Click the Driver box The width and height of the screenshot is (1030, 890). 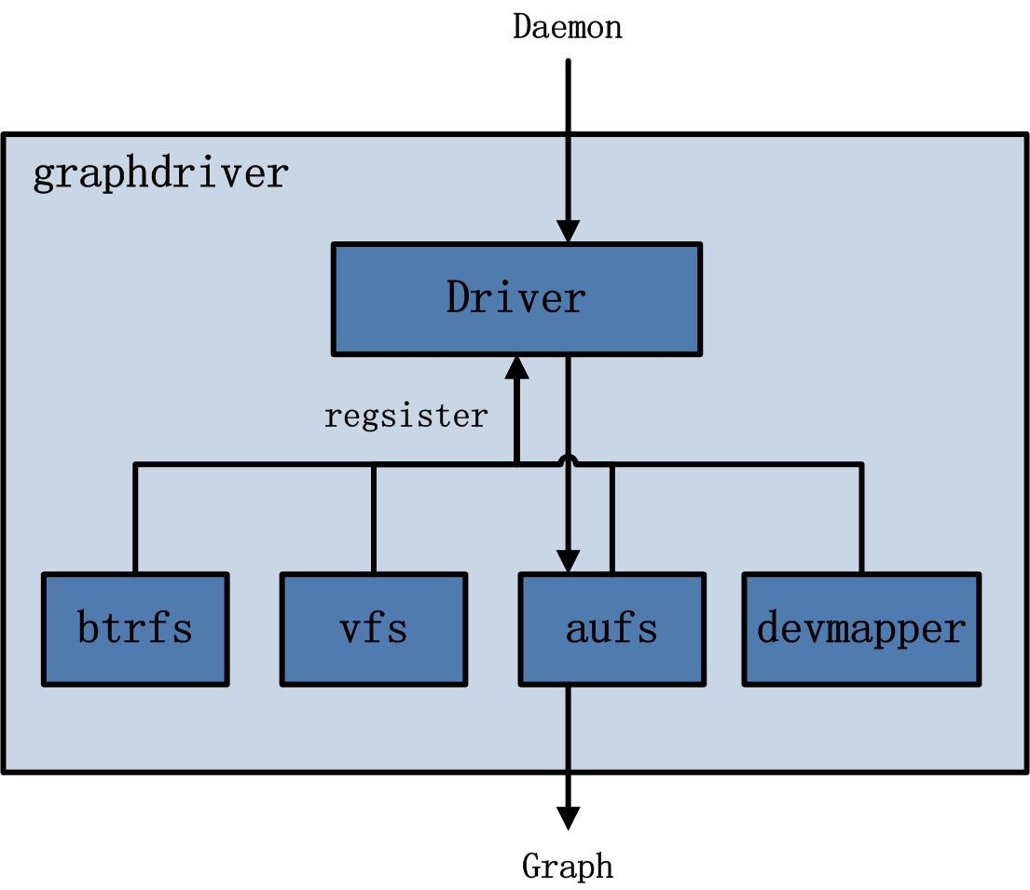[515, 299]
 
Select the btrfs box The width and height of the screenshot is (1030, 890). [135, 629]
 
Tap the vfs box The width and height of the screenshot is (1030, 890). [373, 629]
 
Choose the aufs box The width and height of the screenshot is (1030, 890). [611, 629]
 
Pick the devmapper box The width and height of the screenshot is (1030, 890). [861, 629]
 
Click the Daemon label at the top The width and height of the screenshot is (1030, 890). [568, 27]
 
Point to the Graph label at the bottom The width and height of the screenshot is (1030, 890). [568, 866]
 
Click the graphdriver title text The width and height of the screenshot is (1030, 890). [160, 174]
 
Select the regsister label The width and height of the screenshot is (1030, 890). [405, 416]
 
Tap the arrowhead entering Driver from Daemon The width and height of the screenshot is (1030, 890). [569, 231]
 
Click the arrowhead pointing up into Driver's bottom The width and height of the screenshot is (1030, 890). [516, 368]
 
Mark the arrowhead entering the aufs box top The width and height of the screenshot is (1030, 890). [569, 560]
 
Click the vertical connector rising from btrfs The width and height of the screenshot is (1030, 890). [135, 518]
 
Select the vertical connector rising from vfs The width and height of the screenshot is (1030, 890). [373, 518]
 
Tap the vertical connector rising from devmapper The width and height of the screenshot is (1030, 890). [861, 518]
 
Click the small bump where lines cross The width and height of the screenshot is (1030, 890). [569, 459]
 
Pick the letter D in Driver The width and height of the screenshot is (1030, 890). [460, 299]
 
